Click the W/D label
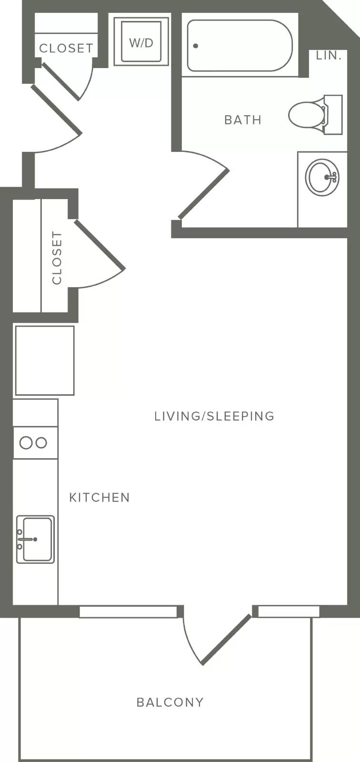(141, 43)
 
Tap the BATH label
(243, 120)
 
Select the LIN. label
(329, 55)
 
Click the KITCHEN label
(100, 497)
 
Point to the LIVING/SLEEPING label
(214, 416)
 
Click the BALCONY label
(170, 702)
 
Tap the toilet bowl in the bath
(306, 114)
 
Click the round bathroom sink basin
(322, 177)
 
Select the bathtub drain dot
(195, 46)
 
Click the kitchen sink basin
(38, 540)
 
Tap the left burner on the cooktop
(26, 442)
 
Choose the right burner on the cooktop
(41, 442)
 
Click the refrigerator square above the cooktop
(45, 360)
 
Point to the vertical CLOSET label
(57, 258)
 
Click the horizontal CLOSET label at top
(66, 48)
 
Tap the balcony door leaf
(227, 640)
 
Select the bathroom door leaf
(203, 194)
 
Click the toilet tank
(333, 115)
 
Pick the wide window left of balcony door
(128, 612)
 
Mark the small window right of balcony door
(289, 612)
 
